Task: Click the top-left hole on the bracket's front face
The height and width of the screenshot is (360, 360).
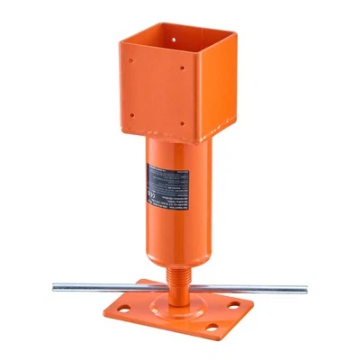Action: pos(131,64)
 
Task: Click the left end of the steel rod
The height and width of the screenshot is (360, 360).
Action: pos(56,287)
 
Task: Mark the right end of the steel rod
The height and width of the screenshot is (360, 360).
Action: pos(303,289)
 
